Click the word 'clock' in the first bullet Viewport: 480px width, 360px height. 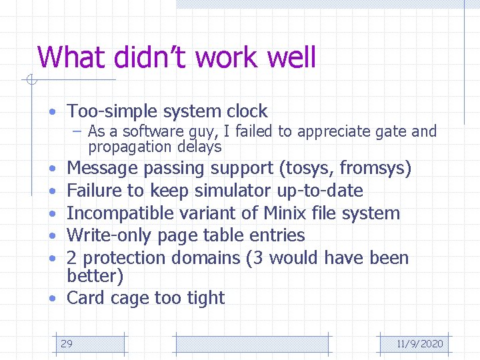click(246, 111)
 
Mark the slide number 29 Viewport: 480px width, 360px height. click(67, 344)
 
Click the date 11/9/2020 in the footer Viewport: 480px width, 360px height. click(419, 344)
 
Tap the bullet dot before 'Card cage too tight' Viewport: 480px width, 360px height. click(53, 298)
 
